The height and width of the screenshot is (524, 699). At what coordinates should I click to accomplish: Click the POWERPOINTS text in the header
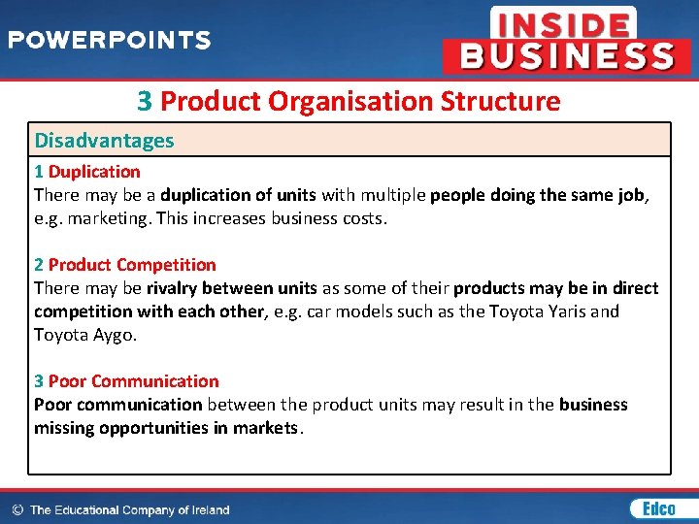[x=109, y=41]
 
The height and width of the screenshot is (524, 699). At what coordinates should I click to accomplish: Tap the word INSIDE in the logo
[x=562, y=23]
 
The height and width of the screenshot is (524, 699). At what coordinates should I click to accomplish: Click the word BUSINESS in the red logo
[x=567, y=55]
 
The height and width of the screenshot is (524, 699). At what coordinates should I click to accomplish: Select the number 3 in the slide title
[x=145, y=101]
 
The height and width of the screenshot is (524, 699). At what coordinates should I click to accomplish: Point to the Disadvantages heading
[x=104, y=140]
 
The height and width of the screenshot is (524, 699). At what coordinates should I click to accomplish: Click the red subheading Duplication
[x=94, y=172]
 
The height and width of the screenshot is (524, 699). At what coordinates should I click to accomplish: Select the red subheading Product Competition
[x=132, y=265]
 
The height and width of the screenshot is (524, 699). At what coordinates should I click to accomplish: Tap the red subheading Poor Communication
[x=133, y=381]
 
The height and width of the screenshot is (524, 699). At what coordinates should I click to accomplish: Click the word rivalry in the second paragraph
[x=173, y=288]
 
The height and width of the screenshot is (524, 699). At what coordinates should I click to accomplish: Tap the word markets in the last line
[x=266, y=428]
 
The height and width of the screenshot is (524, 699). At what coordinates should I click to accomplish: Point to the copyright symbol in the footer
[x=17, y=509]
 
